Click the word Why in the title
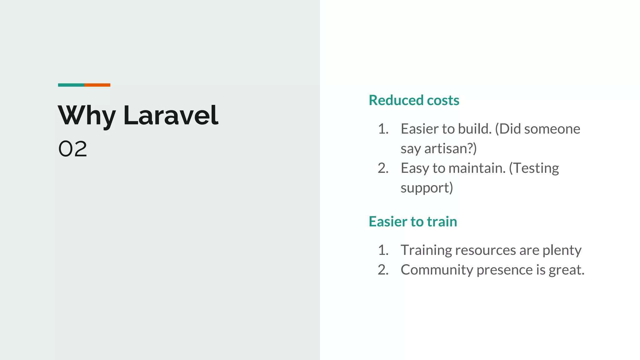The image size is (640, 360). [x=87, y=116]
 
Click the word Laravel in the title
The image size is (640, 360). [x=171, y=116]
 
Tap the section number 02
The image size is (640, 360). [x=72, y=149]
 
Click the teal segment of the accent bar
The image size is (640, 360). [x=71, y=85]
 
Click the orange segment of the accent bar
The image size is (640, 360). [x=97, y=85]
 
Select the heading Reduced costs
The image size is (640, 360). [x=414, y=100]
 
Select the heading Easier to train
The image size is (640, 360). [x=412, y=222]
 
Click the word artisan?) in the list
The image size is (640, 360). [x=450, y=148]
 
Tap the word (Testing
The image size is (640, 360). [x=534, y=168]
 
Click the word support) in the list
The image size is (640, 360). [x=427, y=188]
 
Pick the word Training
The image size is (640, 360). [x=426, y=250]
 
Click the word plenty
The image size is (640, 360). [x=562, y=250]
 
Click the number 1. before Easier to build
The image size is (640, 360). [x=383, y=129]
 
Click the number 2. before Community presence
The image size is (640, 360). [x=383, y=270]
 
